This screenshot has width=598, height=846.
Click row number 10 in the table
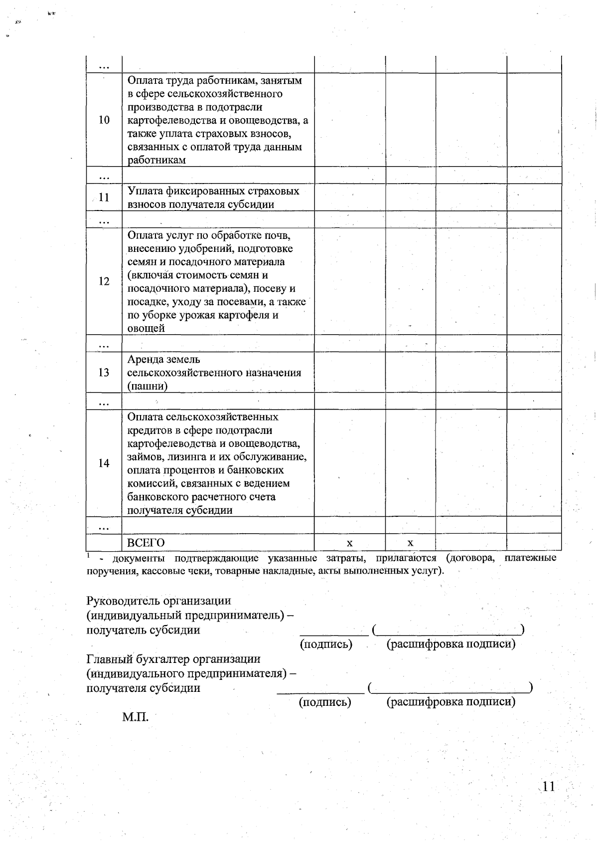coord(104,120)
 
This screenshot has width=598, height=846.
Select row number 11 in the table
coord(104,198)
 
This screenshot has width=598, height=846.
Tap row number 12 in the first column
coord(104,281)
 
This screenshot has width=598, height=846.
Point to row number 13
coord(104,373)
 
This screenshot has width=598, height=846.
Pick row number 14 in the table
coord(104,463)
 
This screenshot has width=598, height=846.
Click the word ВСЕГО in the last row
coord(146,543)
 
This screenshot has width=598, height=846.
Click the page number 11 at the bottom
coord(548,787)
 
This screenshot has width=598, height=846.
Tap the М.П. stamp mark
coord(136,717)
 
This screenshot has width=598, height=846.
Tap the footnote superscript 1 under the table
coord(88,555)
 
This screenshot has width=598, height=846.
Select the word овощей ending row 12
coord(146,328)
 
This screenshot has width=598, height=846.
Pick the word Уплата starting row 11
coord(145,191)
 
